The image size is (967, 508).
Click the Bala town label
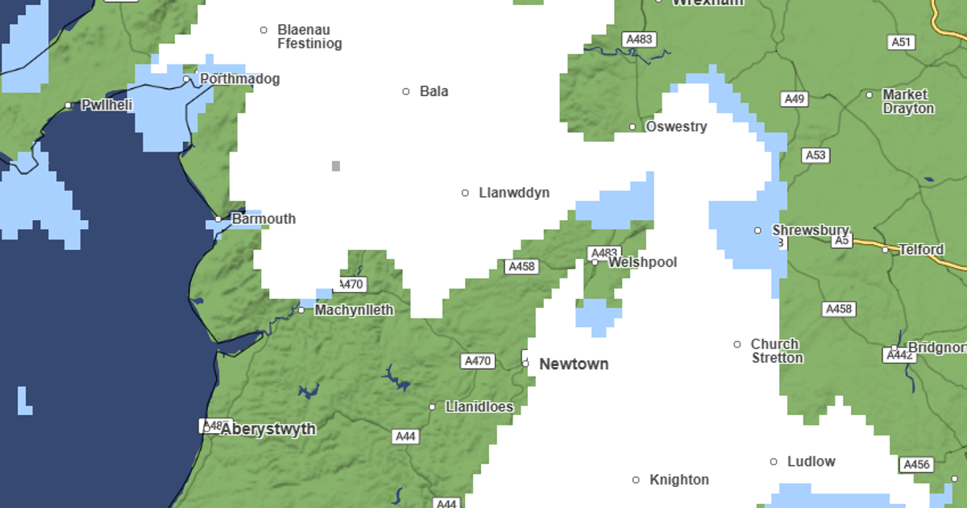tap(434, 91)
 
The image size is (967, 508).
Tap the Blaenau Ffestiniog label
tap(309, 37)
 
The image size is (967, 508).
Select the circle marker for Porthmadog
tap(187, 79)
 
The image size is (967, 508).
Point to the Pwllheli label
tap(107, 105)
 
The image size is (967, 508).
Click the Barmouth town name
tap(264, 219)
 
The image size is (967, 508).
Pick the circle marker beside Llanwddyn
tap(465, 193)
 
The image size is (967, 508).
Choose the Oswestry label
tap(676, 127)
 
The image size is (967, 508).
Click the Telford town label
tap(921, 249)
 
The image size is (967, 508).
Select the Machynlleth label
tap(354, 310)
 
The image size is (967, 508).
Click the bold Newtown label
tap(574, 364)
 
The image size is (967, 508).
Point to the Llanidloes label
tap(479, 406)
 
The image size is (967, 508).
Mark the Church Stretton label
tap(777, 351)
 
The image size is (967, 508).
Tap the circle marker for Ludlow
tap(774, 462)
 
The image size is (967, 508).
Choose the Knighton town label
tap(679, 480)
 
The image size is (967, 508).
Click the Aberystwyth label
tap(268, 429)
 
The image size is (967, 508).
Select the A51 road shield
tap(901, 42)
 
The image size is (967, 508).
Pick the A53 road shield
tap(816, 155)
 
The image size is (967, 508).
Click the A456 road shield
tap(917, 464)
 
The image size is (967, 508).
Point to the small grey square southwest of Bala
tap(336, 166)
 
